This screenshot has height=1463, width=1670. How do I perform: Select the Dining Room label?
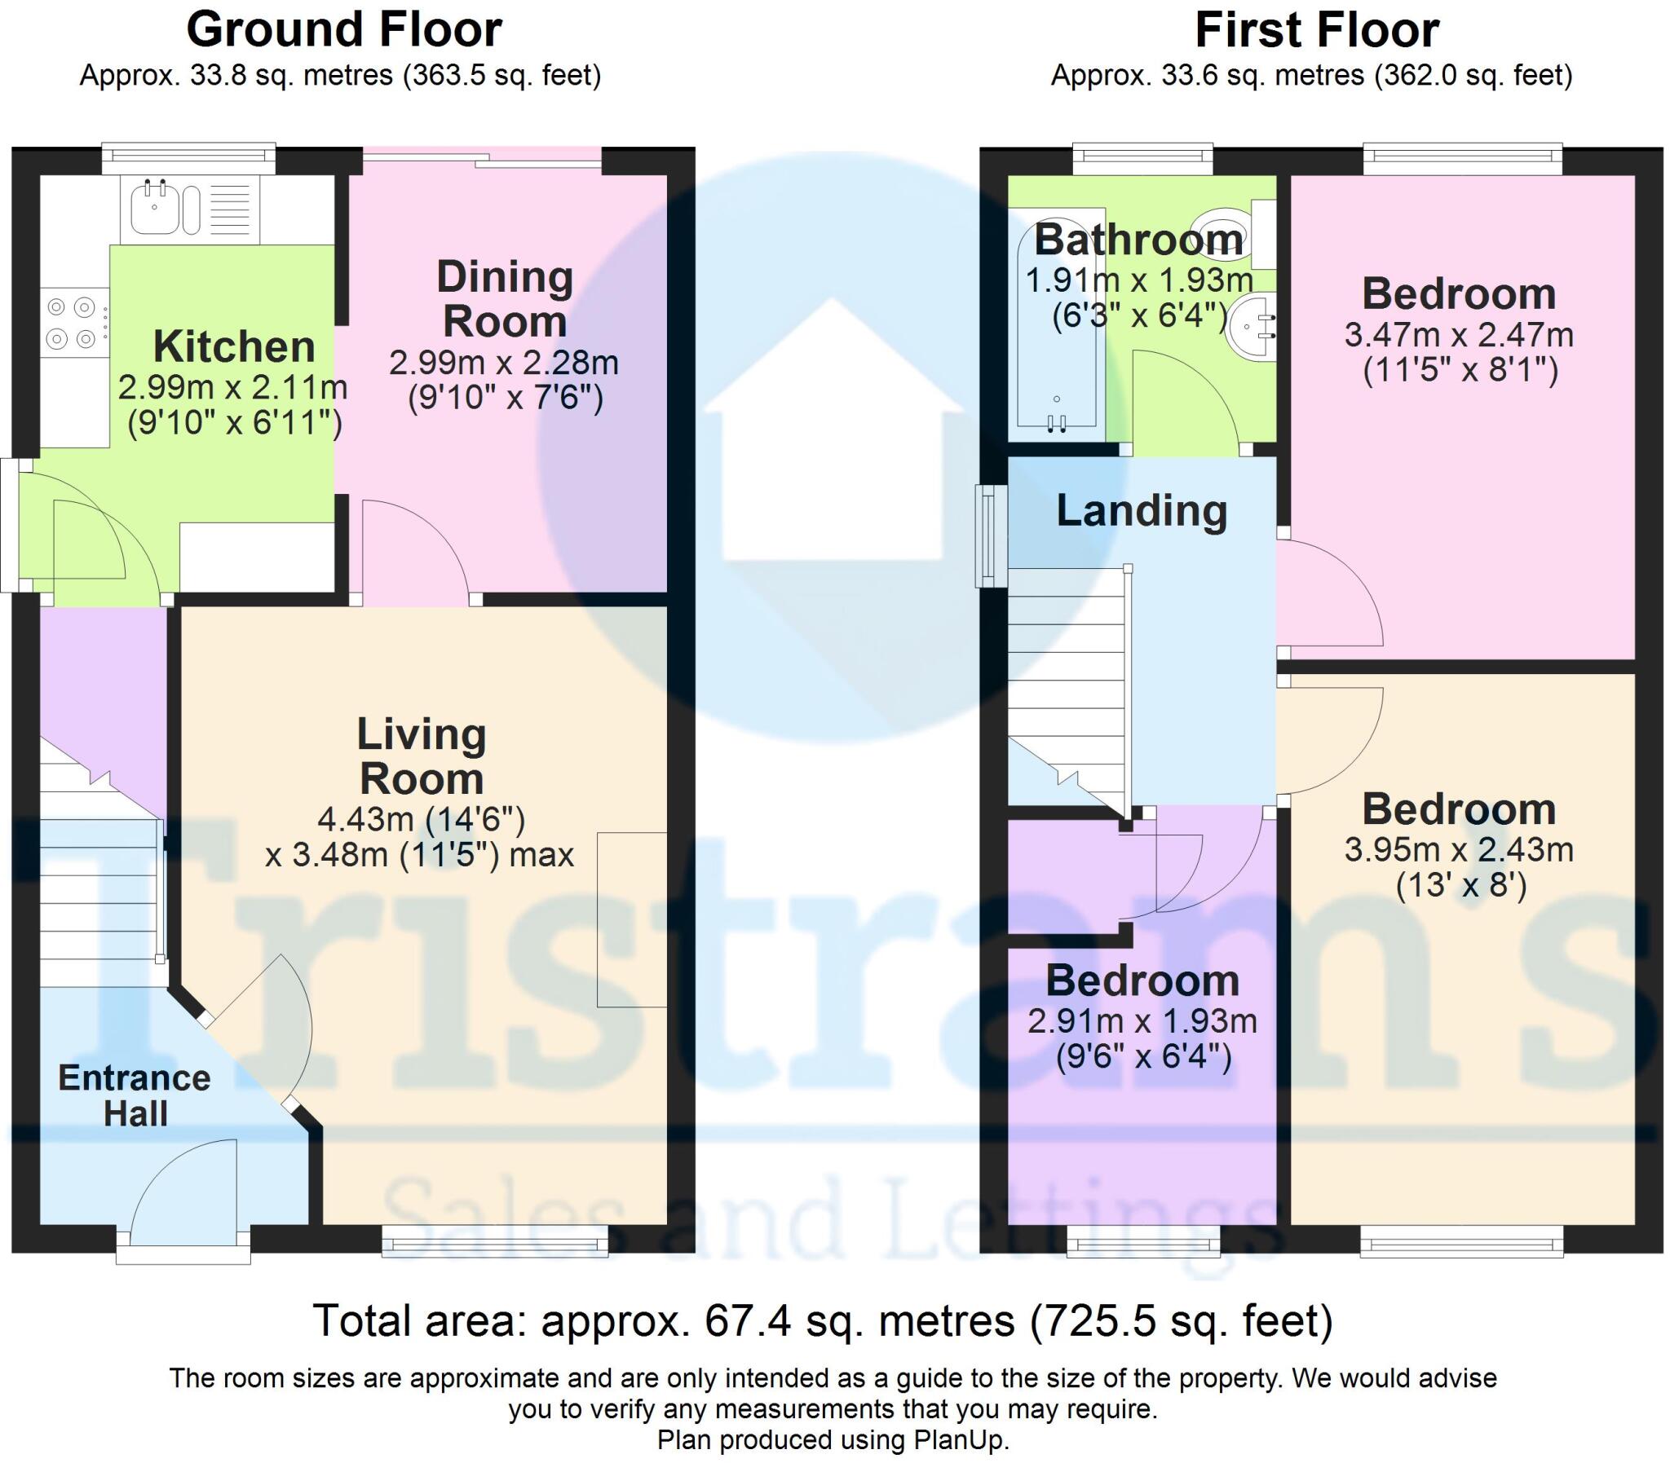click(505, 299)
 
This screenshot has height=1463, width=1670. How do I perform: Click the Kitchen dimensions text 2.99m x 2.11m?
click(232, 387)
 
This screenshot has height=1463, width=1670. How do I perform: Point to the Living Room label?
click(422, 756)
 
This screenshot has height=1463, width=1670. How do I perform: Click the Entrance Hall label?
click(135, 1095)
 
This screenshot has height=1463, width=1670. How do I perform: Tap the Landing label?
click(1142, 511)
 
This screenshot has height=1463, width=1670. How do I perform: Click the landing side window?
click(991, 536)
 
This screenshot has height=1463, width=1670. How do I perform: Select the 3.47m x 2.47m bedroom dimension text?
click(1459, 335)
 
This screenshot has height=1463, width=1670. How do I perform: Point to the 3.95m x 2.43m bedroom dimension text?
click(1459, 850)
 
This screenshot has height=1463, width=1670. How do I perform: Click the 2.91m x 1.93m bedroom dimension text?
click(1142, 1021)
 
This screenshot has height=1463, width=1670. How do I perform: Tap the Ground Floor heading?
click(344, 30)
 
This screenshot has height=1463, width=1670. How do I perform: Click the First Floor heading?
click(1316, 30)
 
